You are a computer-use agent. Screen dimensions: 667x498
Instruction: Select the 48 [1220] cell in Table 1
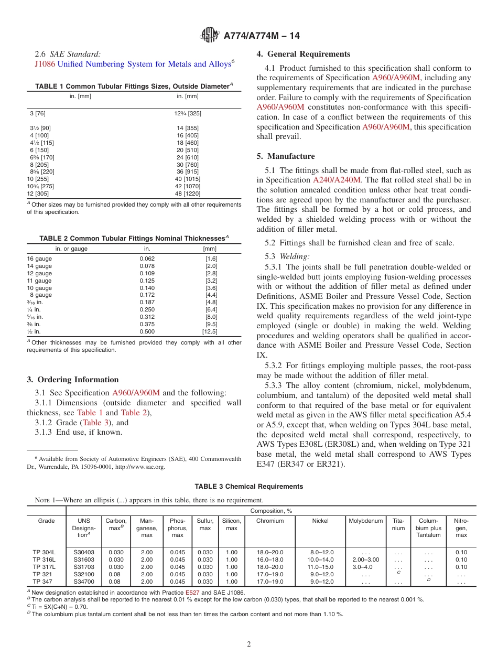click(x=188, y=193)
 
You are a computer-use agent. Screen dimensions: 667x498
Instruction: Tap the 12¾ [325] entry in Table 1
click(x=188, y=113)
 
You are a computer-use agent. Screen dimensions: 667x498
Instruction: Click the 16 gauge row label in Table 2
click(x=39, y=259)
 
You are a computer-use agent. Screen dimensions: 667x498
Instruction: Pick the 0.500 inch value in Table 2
click(x=147, y=331)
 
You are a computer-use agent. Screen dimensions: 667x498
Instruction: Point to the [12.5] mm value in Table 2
click(x=210, y=331)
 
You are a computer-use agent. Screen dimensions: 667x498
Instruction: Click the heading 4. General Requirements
click(x=303, y=54)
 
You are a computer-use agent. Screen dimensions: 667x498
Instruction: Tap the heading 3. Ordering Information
click(x=72, y=380)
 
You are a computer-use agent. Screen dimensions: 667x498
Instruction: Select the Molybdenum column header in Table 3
click(x=365, y=521)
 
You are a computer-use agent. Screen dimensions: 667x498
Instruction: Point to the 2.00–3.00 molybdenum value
click(x=365, y=560)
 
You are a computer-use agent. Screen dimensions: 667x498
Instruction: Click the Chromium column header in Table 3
click(x=270, y=521)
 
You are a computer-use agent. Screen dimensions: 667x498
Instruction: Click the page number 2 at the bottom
click(x=249, y=644)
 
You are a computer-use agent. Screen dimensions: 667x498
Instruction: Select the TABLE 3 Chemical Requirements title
click(x=248, y=487)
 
